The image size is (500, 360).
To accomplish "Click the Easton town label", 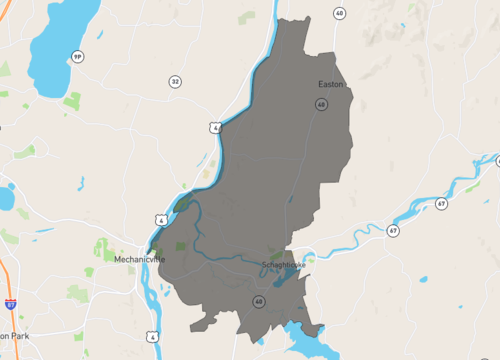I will (331, 84).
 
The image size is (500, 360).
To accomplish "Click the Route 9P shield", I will (77, 57).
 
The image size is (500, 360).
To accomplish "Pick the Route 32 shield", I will (175, 82).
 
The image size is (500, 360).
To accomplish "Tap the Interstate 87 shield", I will (10, 301).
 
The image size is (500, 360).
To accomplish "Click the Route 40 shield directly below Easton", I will (321, 104).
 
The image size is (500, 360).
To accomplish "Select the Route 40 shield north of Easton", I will (340, 13).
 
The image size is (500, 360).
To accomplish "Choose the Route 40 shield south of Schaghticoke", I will (259, 301).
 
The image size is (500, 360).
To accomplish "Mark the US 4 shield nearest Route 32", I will (215, 128).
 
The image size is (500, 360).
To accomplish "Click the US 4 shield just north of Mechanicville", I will (161, 219).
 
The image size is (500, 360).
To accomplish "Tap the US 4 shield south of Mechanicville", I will (151, 335).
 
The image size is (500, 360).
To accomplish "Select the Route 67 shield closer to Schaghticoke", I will (394, 231).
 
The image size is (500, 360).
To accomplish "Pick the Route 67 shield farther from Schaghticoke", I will (441, 203).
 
